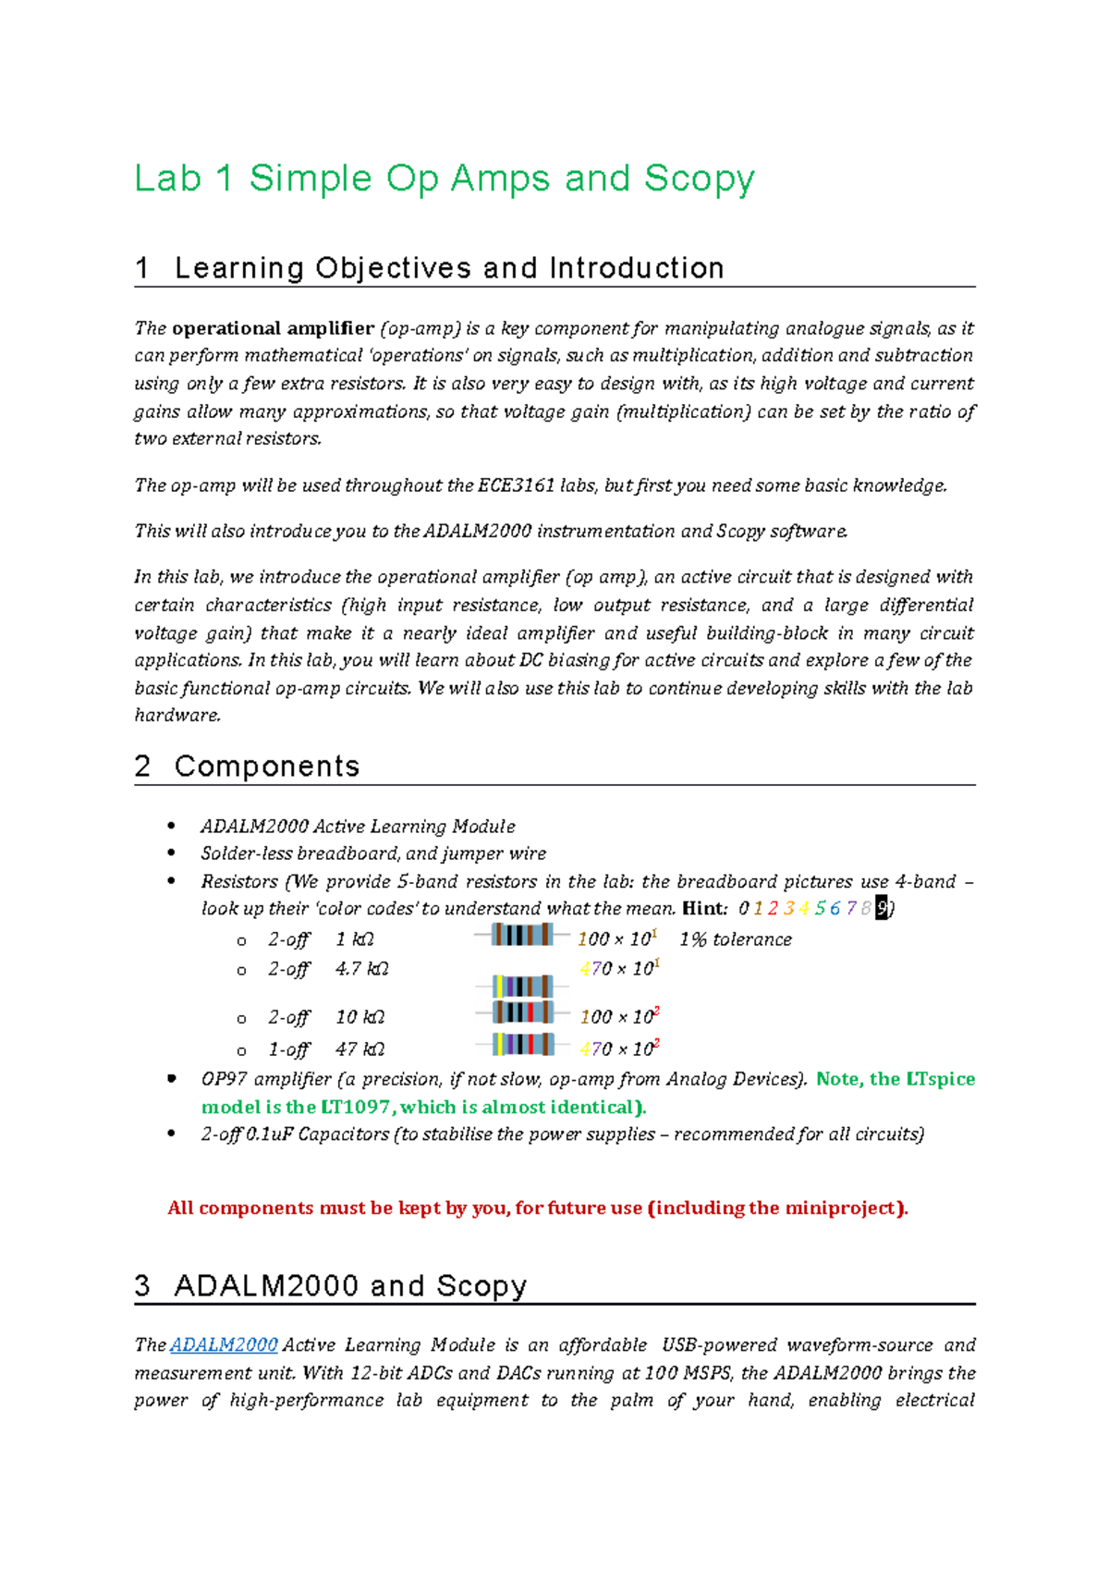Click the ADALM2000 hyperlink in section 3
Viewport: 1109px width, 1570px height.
[224, 1345]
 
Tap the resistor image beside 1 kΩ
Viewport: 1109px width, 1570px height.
[522, 935]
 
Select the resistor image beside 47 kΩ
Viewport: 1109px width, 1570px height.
[523, 1045]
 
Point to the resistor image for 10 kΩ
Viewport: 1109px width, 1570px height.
[523, 1012]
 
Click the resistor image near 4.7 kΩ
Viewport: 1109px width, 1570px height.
[523, 987]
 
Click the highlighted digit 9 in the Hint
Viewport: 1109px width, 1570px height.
[882, 908]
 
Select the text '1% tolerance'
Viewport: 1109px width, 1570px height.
[736, 939]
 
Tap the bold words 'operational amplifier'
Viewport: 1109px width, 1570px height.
[273, 328]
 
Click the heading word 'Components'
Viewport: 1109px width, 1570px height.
[267, 766]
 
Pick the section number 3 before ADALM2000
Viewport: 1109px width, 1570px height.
[142, 1285]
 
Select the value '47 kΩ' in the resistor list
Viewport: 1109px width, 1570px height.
[360, 1049]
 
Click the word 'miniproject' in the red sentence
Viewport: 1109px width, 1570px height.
[839, 1208]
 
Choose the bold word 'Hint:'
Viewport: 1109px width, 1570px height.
[704, 908]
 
